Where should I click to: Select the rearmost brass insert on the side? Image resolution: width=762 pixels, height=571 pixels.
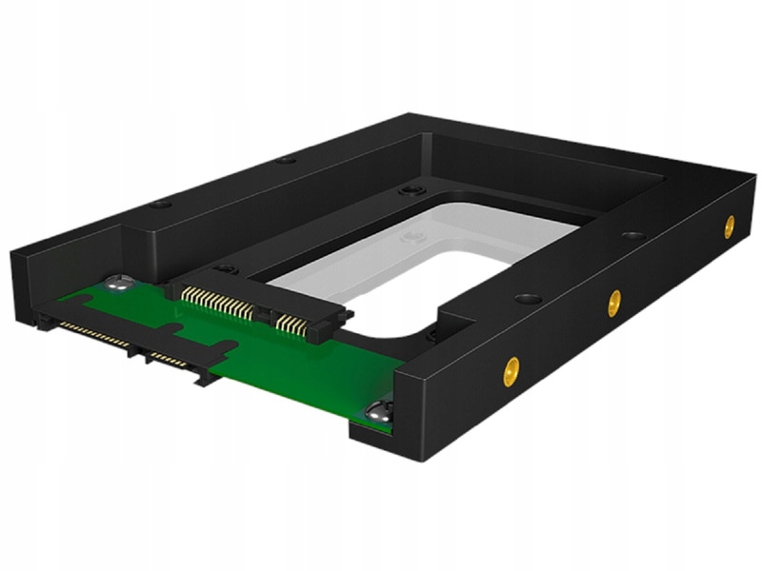[729, 226]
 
